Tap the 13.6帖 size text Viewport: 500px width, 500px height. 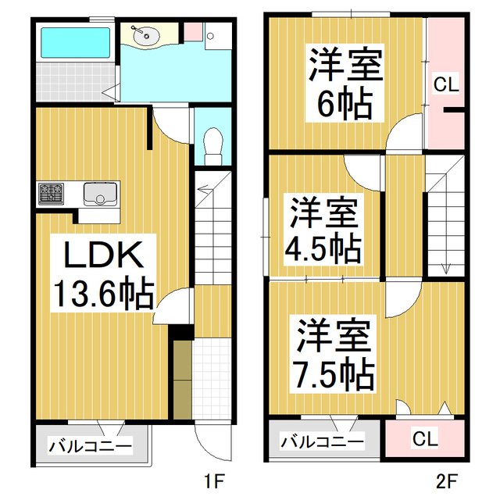click(x=102, y=293)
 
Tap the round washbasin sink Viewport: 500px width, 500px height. click(x=145, y=35)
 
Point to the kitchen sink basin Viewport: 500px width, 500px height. click(x=100, y=192)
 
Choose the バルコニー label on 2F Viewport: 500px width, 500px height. click(x=322, y=442)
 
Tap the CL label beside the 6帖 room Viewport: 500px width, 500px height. click(x=446, y=85)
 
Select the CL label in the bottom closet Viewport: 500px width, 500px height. click(x=426, y=439)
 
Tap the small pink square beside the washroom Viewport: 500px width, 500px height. click(x=192, y=32)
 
